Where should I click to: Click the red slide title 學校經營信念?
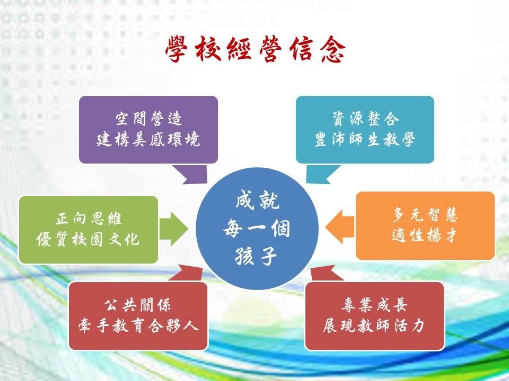pyautogui.click(x=256, y=50)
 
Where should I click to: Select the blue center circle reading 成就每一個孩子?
pyautogui.click(x=257, y=229)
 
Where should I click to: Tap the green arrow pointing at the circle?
pyautogui.click(x=173, y=229)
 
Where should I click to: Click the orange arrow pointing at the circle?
pyautogui.click(x=339, y=226)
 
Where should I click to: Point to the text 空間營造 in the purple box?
pyautogui.click(x=148, y=119)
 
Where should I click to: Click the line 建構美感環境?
pyautogui.click(x=148, y=140)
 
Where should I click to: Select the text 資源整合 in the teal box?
pyautogui.click(x=365, y=119)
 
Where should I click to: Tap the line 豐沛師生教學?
pyautogui.click(x=365, y=140)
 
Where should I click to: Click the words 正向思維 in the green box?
pyautogui.click(x=89, y=219)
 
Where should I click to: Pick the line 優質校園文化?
pyautogui.click(x=88, y=240)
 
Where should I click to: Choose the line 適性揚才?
pyautogui.click(x=425, y=235)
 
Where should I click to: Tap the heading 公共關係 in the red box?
pyautogui.click(x=138, y=305)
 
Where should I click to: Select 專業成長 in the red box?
pyautogui.click(x=374, y=305)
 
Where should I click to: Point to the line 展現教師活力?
pyautogui.click(x=374, y=325)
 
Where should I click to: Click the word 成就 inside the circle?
pyautogui.click(x=257, y=202)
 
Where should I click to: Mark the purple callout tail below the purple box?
pyautogui.click(x=192, y=174)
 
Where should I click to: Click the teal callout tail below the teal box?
pyautogui.click(x=320, y=174)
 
